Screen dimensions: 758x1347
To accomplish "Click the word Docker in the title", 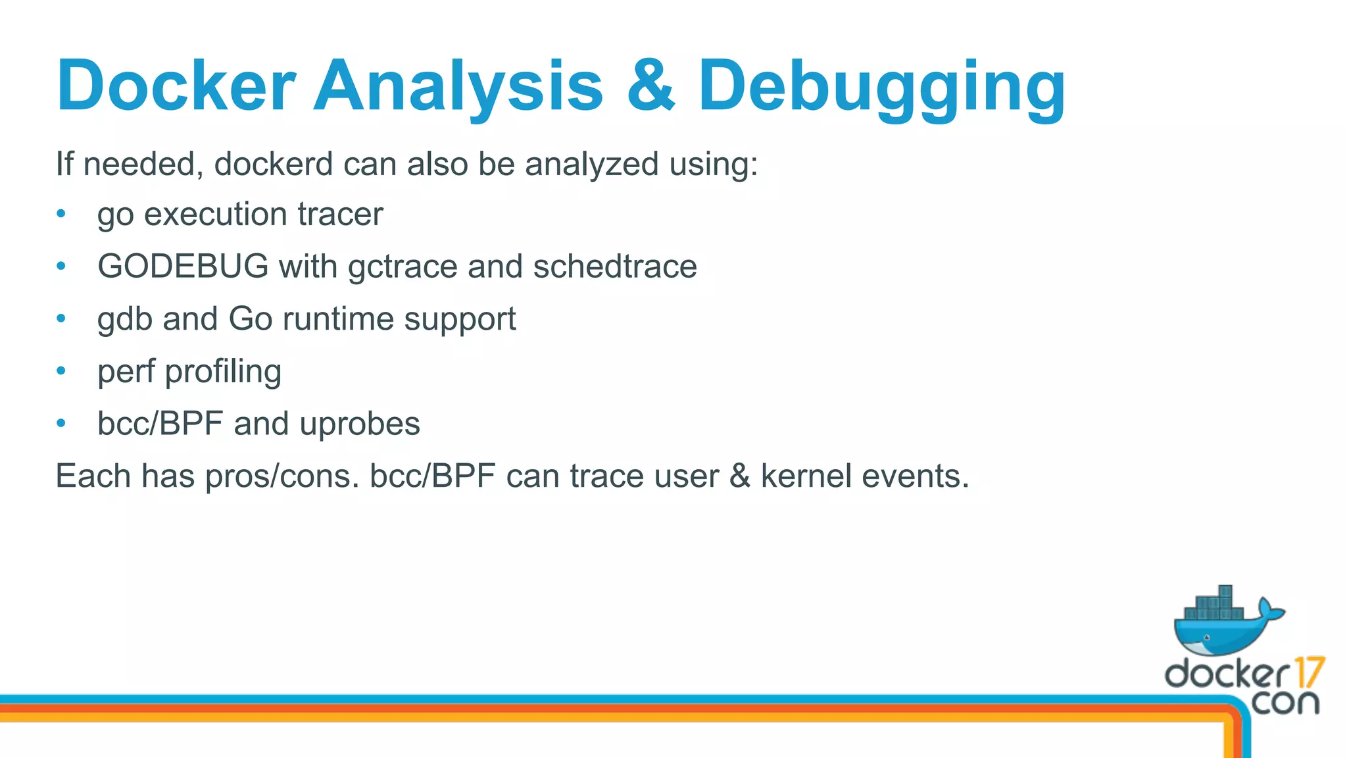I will pos(176,86).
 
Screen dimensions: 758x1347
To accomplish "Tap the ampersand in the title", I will pos(650,86).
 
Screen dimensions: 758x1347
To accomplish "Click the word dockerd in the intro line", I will pos(273,164).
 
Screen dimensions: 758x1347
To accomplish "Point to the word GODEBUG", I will pos(183,266).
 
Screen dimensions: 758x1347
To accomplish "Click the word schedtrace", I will pos(614,266).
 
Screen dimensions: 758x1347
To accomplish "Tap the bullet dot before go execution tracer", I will pos(61,214).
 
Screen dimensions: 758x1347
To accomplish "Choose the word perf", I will pos(126,372).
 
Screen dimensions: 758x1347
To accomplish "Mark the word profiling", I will pos(223,372).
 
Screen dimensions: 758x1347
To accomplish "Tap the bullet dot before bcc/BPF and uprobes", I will pos(61,423).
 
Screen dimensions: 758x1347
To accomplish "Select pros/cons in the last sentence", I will pos(282,476).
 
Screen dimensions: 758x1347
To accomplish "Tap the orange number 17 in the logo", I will pos(1309,672).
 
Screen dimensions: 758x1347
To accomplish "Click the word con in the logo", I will pos(1285,702).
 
